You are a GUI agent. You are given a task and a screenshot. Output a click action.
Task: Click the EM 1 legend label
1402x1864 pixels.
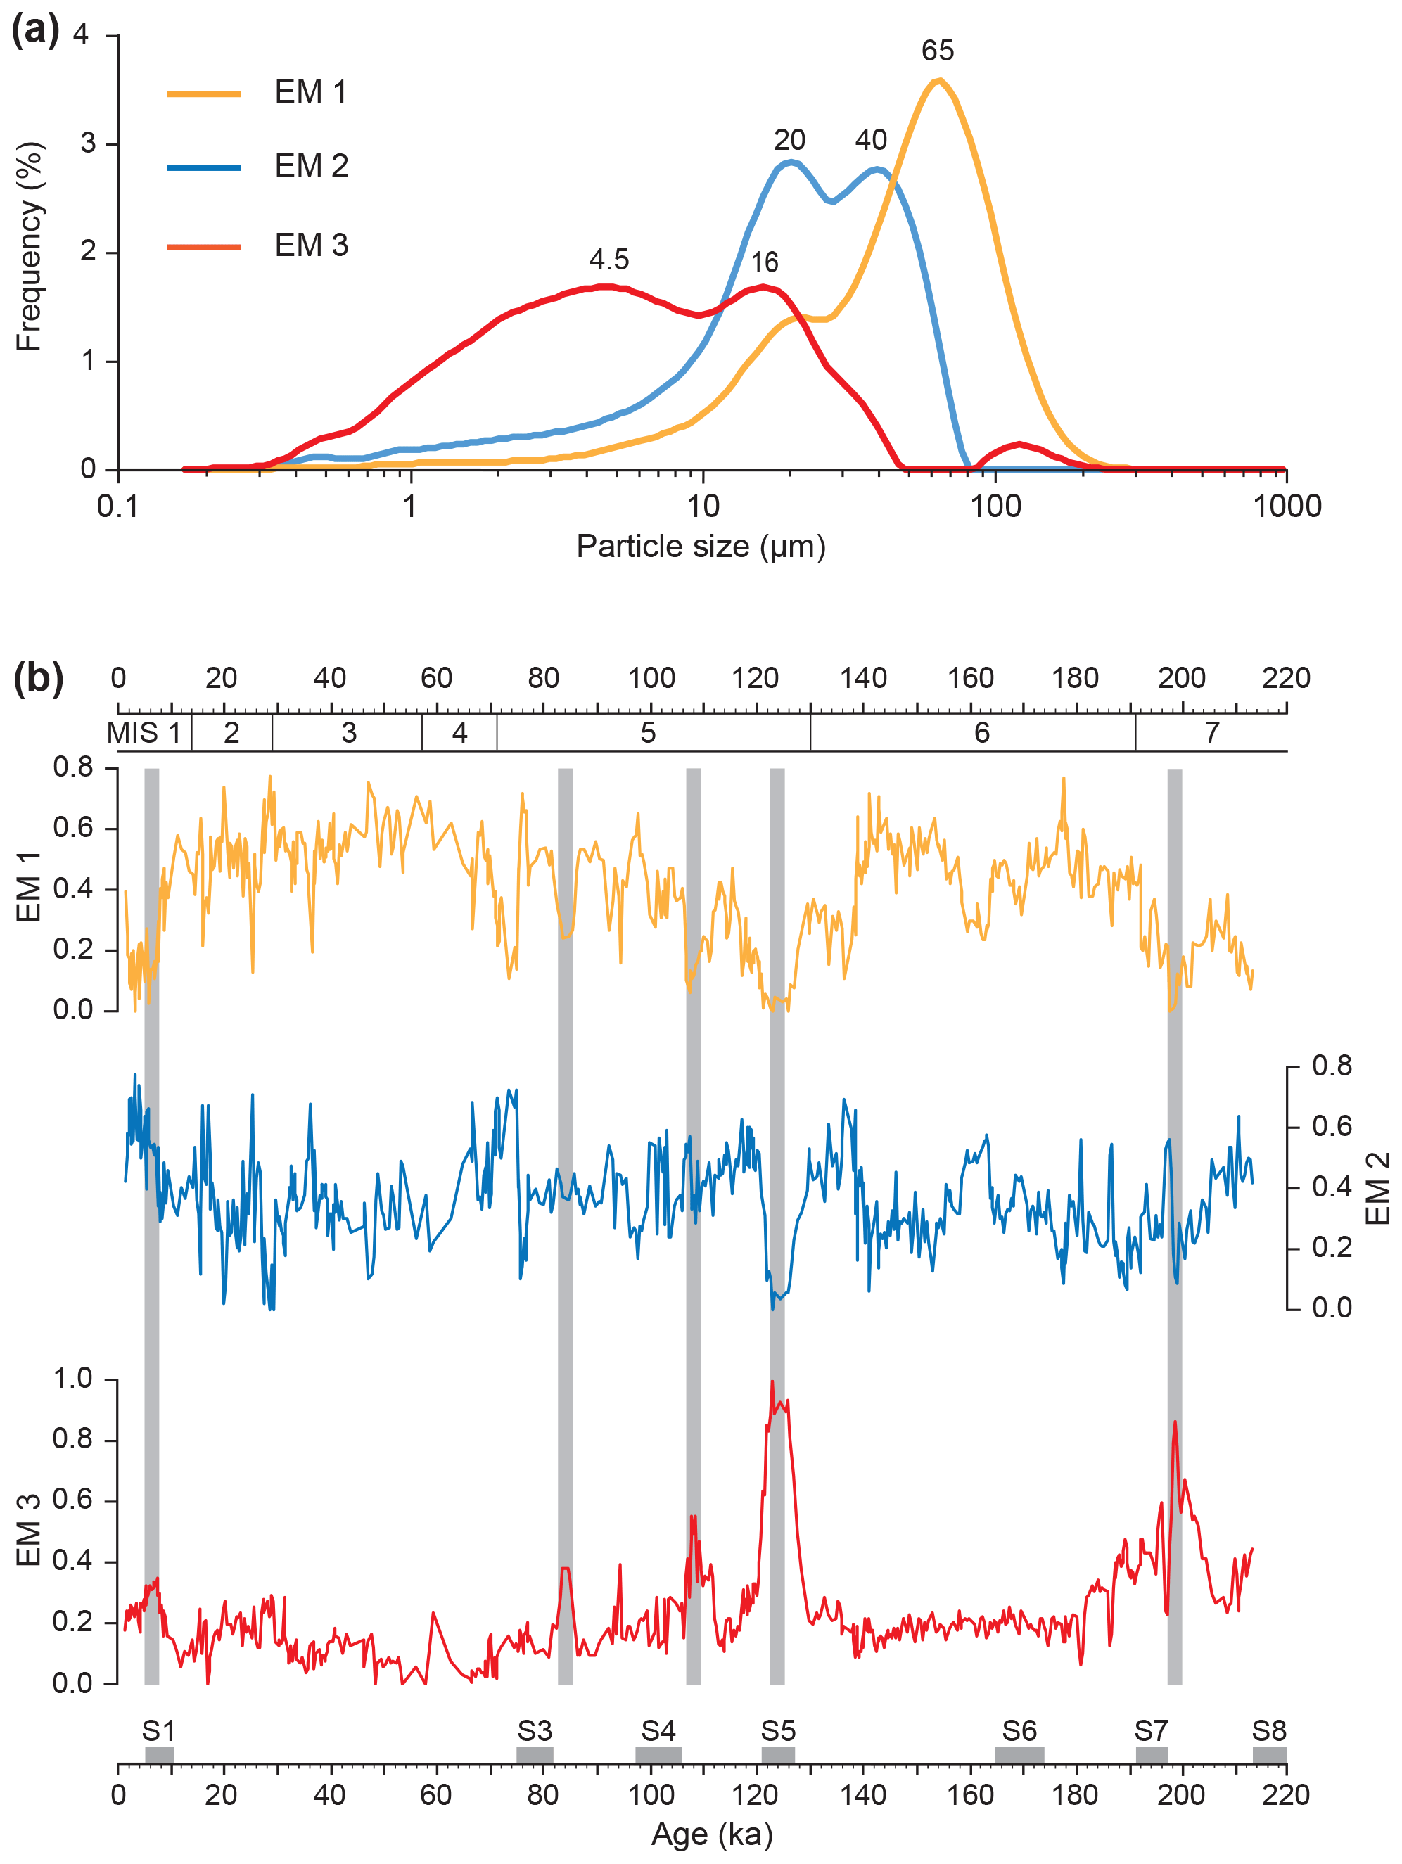coord(310,92)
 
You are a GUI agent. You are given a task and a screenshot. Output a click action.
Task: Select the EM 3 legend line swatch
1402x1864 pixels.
coord(204,247)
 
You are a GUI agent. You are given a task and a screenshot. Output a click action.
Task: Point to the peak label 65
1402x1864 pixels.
coord(937,51)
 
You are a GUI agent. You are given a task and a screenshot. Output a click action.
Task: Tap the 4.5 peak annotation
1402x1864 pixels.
coord(608,260)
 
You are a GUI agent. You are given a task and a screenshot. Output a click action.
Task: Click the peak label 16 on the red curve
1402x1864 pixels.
coord(764,263)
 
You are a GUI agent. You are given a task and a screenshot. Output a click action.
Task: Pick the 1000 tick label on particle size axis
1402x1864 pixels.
coord(1287,506)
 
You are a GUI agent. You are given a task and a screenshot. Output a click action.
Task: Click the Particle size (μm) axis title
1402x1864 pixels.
coord(700,547)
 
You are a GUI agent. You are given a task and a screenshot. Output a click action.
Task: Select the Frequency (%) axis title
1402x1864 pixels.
coord(29,246)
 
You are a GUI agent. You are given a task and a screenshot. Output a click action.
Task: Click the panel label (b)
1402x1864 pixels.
coord(38,678)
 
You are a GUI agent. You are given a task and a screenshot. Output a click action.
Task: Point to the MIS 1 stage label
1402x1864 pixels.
coord(144,733)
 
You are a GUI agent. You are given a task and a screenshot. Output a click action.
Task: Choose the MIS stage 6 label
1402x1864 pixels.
coord(981,733)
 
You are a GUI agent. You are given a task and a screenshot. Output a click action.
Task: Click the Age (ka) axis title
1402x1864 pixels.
coord(712,1835)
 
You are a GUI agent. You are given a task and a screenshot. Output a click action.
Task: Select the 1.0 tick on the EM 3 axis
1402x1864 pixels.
coord(72,1379)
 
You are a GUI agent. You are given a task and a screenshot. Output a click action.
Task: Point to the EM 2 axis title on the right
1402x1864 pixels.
coord(1377,1189)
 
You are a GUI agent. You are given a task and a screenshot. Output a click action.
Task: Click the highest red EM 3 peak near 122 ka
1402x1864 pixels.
coord(772,1382)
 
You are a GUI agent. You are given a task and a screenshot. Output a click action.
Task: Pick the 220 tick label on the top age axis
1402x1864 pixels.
coord(1286,678)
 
